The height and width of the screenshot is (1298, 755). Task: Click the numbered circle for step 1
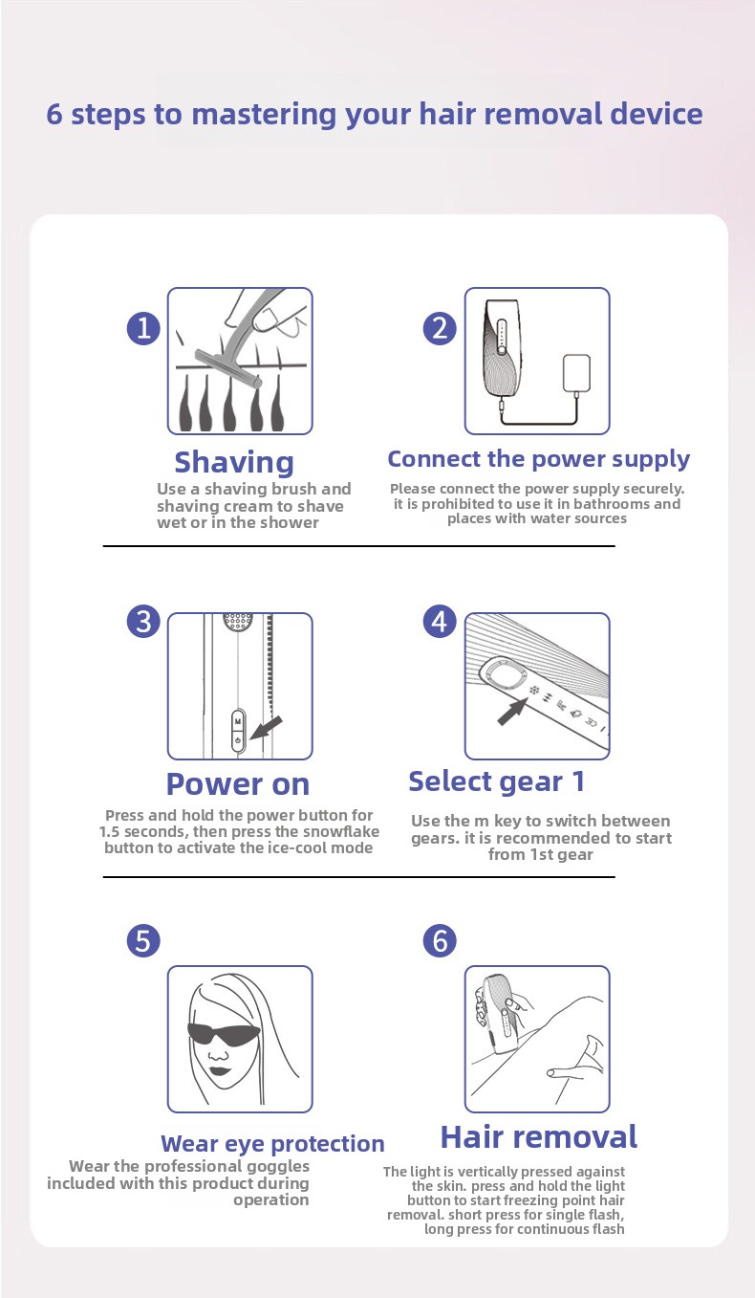(143, 328)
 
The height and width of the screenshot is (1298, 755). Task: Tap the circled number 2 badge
(440, 328)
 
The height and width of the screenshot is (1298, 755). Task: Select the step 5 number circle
(143, 940)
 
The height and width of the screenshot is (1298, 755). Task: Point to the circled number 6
(440, 940)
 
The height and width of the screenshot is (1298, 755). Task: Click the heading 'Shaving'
(234, 463)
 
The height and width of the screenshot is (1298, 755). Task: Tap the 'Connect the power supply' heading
(538, 459)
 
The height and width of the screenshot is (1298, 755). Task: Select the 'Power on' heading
(238, 784)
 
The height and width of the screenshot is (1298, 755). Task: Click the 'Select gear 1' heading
(497, 781)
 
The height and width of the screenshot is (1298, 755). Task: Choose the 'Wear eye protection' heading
(272, 1144)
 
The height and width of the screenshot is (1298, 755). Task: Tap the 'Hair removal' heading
(539, 1137)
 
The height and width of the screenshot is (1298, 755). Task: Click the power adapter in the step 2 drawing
(576, 373)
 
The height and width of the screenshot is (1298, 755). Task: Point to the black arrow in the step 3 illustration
(267, 727)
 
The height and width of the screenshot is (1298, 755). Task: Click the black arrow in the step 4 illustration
(512, 711)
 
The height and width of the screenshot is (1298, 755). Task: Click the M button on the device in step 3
(238, 721)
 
